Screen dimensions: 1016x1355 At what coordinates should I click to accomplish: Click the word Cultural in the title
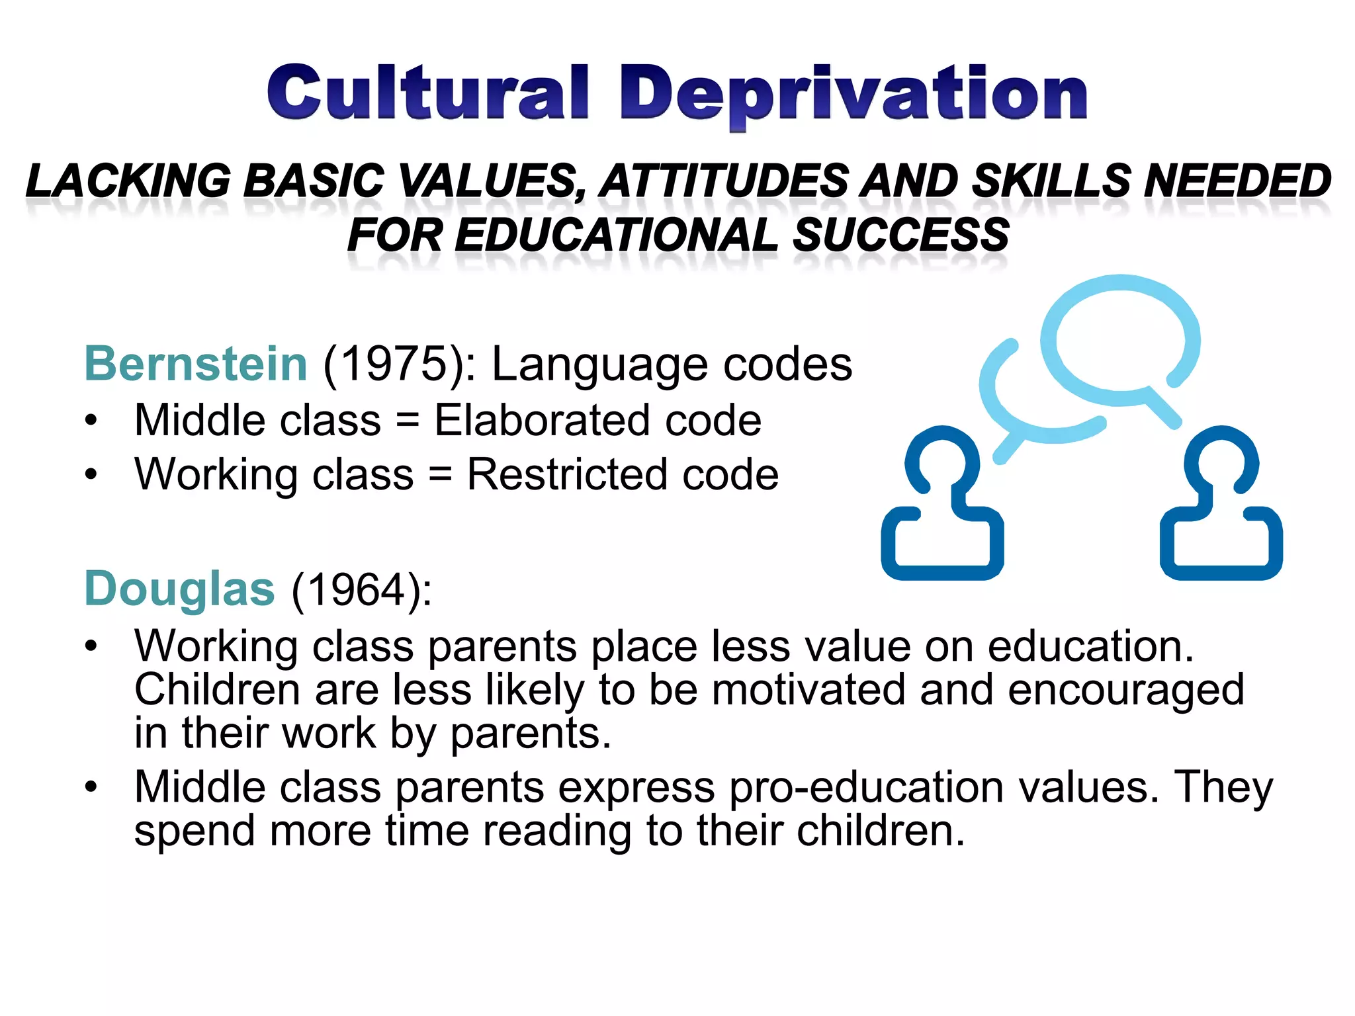(427, 93)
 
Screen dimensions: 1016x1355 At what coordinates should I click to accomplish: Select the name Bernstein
(196, 364)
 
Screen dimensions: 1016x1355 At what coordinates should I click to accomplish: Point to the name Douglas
(179, 589)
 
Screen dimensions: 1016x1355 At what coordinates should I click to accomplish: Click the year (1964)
(361, 589)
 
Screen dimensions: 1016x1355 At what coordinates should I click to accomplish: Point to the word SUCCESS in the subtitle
(900, 235)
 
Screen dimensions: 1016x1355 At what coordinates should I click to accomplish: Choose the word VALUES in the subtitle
(492, 181)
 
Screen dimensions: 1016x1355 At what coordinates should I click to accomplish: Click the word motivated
(809, 689)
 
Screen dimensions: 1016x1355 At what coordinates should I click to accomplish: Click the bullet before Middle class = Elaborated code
(91, 421)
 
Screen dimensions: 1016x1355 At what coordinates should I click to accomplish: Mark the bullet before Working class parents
(91, 646)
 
